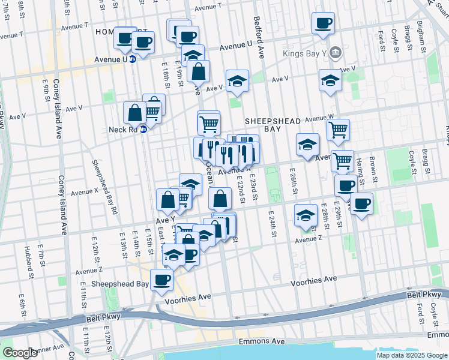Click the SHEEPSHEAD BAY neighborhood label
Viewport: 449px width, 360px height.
click(273, 126)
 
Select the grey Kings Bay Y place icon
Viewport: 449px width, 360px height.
click(336, 52)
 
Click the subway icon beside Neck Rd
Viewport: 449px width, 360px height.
click(143, 129)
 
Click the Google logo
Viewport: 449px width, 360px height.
click(20, 352)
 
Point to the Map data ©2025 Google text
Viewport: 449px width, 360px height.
click(412, 355)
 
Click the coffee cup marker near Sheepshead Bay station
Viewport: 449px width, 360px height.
click(161, 279)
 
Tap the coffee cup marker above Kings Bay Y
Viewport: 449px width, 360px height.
click(323, 23)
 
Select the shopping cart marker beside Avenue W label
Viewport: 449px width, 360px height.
click(339, 128)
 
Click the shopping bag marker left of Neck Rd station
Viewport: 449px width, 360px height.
click(135, 112)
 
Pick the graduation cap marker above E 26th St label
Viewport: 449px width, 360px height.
click(307, 145)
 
